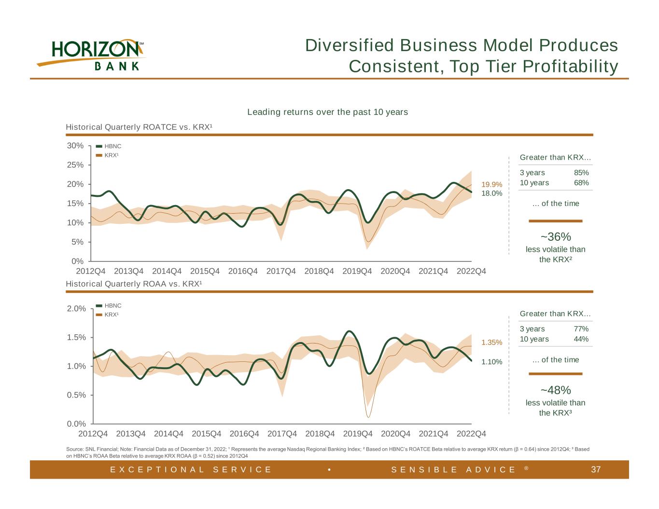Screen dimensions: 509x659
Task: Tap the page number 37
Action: click(596, 469)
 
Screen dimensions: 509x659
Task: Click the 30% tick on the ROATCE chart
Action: click(75, 146)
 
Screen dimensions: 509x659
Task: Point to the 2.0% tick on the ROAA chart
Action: click(76, 308)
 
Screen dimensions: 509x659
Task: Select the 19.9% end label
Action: click(492, 184)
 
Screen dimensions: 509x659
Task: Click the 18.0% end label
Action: click(492, 193)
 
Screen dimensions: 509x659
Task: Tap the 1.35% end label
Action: click(492, 343)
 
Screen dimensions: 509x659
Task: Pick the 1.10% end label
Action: click(492, 362)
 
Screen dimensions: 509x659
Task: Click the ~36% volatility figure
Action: click(556, 237)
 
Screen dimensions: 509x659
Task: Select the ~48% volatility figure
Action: click(556, 390)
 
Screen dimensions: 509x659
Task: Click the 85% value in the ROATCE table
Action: click(581, 173)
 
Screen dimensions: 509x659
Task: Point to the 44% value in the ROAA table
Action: click(581, 339)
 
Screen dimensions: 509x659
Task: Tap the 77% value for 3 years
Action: click(581, 329)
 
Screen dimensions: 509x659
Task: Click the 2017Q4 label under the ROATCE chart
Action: click(281, 271)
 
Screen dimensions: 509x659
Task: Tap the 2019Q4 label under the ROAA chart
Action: click(358, 434)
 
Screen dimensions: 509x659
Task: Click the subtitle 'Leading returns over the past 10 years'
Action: click(327, 112)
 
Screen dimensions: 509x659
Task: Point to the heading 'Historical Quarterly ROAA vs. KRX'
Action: click(134, 284)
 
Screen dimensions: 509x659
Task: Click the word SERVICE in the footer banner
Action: click(242, 469)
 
